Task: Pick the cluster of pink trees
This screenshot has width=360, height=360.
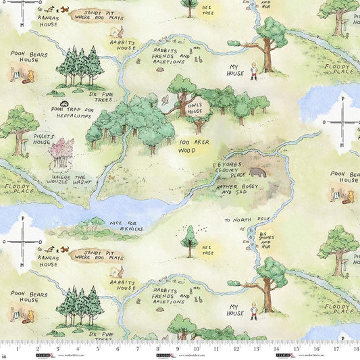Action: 61,153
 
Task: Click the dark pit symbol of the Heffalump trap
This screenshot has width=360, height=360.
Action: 63,103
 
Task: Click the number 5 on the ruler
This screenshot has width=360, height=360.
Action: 101,351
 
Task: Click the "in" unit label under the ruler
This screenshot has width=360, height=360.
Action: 5,355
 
